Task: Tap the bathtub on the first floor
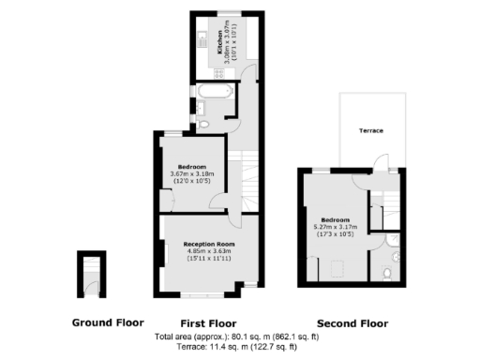tap(215, 92)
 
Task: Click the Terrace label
tap(371, 130)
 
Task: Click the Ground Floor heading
tap(108, 322)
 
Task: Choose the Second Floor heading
tap(352, 322)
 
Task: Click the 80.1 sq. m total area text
tap(237, 337)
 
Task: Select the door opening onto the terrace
tap(379, 167)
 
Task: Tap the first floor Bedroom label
tap(191, 166)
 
